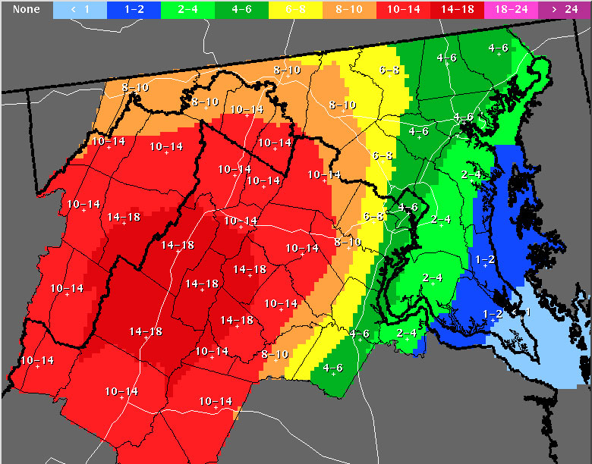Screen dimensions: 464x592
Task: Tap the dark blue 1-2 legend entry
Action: (134, 10)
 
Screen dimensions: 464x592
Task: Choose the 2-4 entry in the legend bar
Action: (188, 10)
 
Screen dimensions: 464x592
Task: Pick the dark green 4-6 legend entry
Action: (242, 10)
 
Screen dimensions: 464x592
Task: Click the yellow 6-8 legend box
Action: (296, 10)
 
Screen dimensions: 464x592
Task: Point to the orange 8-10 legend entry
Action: (350, 10)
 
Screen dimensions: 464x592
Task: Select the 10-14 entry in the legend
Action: (404, 10)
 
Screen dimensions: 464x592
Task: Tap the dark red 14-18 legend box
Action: (458, 10)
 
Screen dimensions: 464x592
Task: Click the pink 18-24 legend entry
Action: (512, 10)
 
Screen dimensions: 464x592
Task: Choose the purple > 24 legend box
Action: (565, 10)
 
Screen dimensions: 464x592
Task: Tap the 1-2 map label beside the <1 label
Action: (493, 314)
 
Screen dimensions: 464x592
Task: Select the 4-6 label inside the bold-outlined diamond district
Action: (408, 208)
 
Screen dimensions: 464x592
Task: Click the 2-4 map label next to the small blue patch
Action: (407, 333)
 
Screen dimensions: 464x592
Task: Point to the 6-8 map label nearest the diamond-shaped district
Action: (373, 217)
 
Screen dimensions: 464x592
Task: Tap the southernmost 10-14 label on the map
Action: (215, 401)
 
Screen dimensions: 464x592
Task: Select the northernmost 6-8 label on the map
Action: (389, 71)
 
